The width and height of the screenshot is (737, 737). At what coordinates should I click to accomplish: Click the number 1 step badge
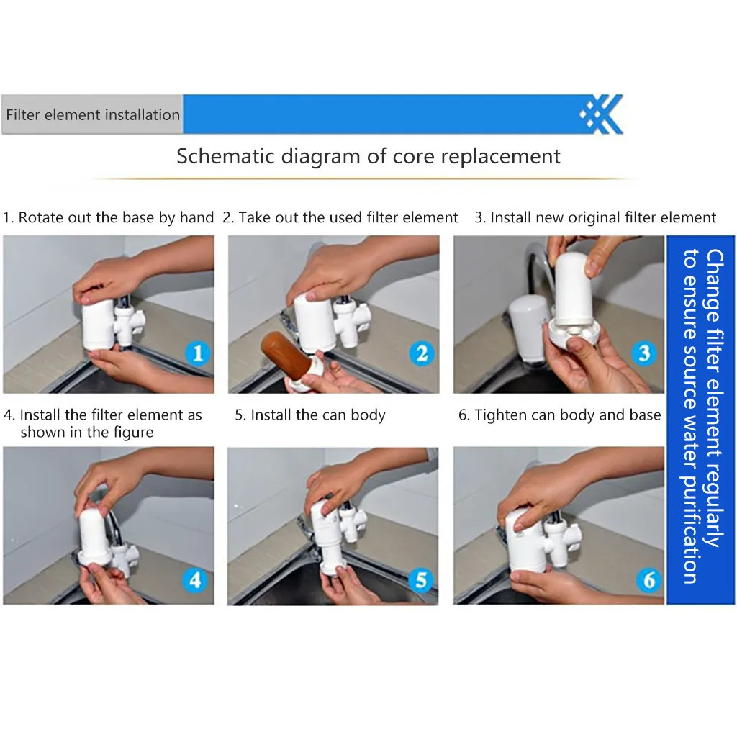[197, 353]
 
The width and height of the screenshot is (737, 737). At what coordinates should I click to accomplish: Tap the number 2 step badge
[422, 353]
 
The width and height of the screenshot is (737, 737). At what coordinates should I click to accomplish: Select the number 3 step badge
[644, 353]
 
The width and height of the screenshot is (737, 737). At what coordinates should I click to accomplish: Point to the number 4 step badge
[194, 579]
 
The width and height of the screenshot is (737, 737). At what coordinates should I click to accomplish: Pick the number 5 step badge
[420, 579]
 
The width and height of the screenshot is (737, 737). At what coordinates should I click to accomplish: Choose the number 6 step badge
[648, 579]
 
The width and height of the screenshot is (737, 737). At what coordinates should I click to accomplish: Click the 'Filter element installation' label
[93, 114]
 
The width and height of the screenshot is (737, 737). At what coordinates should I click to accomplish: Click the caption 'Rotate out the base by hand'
[116, 217]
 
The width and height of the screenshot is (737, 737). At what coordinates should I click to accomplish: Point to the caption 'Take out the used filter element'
[348, 217]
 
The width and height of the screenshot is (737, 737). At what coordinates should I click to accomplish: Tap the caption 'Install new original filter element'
[603, 217]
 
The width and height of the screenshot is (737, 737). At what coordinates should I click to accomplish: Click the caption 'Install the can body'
[317, 415]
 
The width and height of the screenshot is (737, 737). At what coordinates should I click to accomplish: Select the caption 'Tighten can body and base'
[567, 415]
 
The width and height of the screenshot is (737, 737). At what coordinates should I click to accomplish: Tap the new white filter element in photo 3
[574, 286]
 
